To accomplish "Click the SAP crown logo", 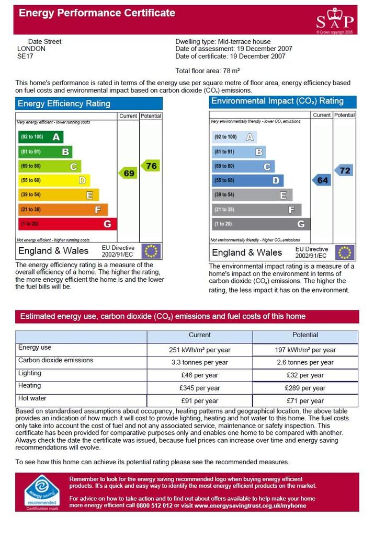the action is [x=335, y=20].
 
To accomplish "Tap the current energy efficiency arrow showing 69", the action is [x=128, y=173].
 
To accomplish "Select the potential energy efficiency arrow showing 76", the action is [x=150, y=166].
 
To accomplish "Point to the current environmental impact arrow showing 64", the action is [x=322, y=180].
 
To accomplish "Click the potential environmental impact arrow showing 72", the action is [x=344, y=170].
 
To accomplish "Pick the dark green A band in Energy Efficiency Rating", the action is [x=41, y=137].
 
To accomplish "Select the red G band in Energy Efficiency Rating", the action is [x=67, y=224].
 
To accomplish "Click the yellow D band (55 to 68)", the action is [x=54, y=180].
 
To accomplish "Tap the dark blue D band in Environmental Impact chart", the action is [x=248, y=180].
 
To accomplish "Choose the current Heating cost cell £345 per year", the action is [x=200, y=388].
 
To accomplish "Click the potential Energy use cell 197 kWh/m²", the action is [x=305, y=350].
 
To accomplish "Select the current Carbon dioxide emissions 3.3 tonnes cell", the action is [x=200, y=362].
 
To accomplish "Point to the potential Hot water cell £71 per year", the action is [x=305, y=401].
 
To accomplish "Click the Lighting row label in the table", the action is [x=30, y=373].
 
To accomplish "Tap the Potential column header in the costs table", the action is [x=305, y=335].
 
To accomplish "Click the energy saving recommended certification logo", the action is [x=42, y=492].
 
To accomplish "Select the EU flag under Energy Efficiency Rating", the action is [x=151, y=251].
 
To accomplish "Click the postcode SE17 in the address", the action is [x=25, y=56].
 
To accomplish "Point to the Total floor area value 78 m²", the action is [x=231, y=71].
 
